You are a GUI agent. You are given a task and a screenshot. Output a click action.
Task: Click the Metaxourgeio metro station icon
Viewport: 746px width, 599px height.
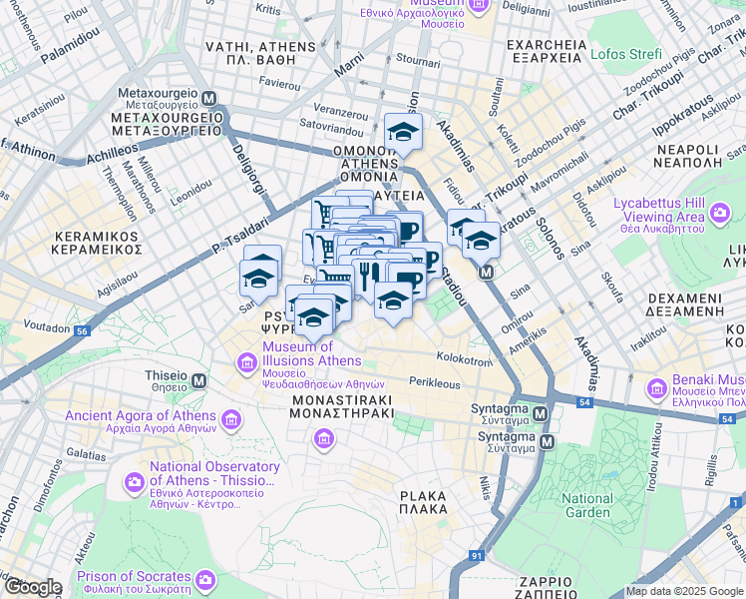209,98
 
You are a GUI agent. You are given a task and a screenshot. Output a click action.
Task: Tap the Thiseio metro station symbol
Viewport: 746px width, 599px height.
199,380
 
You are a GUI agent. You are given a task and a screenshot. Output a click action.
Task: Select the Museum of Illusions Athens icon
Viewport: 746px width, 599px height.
245,360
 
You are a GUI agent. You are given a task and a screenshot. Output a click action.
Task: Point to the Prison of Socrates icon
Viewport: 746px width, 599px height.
205,579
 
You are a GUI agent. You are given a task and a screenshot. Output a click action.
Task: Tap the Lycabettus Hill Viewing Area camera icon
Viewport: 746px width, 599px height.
718,212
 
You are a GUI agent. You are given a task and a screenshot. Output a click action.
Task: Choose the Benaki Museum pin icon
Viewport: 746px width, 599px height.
656,387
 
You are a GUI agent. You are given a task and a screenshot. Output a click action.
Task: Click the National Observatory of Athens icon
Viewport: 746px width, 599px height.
134,482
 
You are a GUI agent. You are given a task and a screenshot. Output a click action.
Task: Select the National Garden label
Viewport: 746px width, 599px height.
586,506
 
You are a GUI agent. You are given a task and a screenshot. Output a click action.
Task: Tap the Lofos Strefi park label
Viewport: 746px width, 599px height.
625,53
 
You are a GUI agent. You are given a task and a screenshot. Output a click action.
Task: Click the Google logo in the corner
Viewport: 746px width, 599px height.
33,587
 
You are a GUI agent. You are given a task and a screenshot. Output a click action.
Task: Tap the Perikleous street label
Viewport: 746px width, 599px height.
435,382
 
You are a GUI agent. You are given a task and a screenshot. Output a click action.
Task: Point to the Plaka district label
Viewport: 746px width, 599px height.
423,502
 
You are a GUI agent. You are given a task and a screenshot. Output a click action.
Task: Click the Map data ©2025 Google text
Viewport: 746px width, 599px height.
683,591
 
